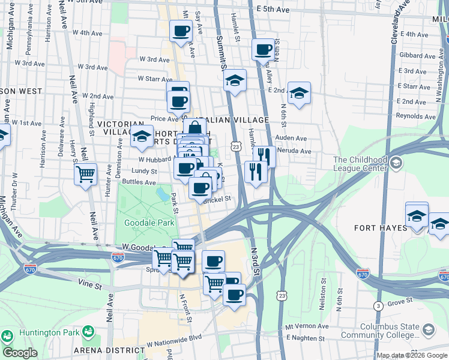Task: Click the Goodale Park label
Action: coord(149,223)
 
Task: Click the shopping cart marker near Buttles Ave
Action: coord(86,175)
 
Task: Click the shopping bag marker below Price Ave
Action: coord(195,128)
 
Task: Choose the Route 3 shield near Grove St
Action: coord(378,306)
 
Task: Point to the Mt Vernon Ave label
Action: coord(307,326)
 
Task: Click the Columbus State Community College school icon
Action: coord(429,329)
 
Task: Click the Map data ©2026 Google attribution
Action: coord(412,355)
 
